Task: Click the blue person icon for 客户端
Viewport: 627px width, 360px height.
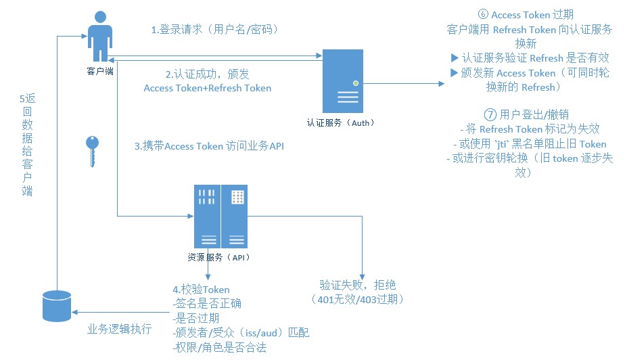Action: tap(100, 36)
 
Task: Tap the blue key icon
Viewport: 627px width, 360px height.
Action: tap(92, 151)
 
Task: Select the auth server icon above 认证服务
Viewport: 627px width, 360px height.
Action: tap(343, 81)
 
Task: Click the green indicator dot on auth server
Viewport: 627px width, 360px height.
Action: tap(356, 83)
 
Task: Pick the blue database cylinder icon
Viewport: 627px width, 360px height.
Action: tap(57, 307)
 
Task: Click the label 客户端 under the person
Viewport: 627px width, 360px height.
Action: tap(100, 71)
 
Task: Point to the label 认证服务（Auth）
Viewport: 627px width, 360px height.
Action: tap(340, 122)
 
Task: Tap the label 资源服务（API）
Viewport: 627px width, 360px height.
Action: tap(218, 257)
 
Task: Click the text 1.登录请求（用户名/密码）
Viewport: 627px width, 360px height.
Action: tap(214, 30)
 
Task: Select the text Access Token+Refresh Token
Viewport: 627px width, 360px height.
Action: tap(208, 88)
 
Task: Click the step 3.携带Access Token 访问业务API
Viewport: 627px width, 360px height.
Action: tap(209, 146)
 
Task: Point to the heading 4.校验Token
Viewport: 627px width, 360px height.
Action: tap(201, 289)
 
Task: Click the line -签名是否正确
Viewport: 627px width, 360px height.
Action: tap(207, 303)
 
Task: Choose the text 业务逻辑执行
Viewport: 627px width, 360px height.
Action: tap(120, 329)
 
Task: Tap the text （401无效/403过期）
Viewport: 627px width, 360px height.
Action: tap(358, 299)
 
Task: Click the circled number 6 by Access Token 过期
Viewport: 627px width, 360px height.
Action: tap(483, 14)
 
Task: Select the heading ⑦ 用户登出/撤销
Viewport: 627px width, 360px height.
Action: tap(526, 115)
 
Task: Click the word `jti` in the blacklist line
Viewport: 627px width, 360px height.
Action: tap(501, 144)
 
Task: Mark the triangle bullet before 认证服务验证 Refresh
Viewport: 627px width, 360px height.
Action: tap(455, 58)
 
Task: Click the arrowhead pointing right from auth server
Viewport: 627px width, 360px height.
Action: tap(442, 84)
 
